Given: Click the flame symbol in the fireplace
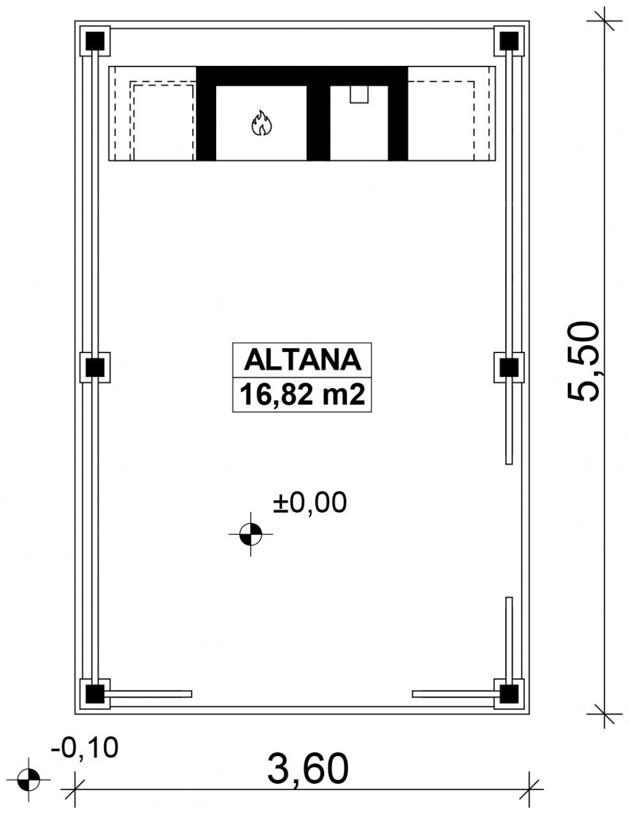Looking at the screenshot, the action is pos(261,123).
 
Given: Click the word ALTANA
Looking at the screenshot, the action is pos(302,359).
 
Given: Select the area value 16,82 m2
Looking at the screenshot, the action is pos(302,395).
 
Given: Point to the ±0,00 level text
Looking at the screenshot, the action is pos(310,502).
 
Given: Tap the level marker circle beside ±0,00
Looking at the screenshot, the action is pos(250,533).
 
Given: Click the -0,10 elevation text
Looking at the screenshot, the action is pos(84,747).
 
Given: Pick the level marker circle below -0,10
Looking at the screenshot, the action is pos(29,779).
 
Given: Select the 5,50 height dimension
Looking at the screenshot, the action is pos(584,361).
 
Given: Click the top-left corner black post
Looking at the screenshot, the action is pos(95,41).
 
